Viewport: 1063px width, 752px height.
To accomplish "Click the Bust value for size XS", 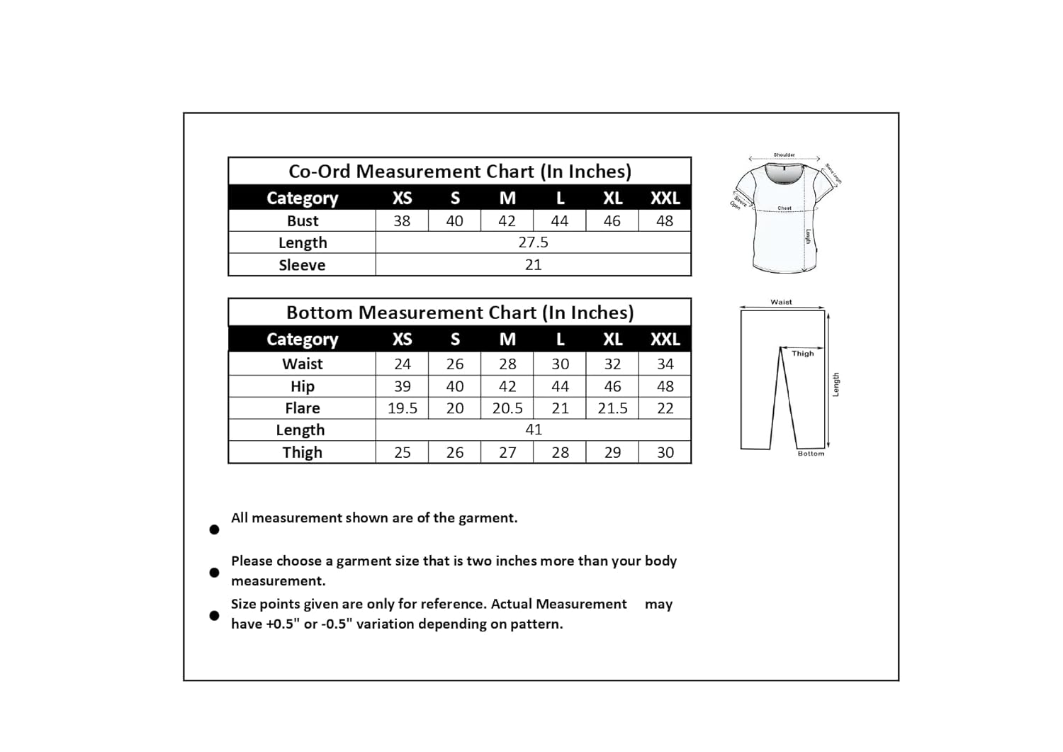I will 402,221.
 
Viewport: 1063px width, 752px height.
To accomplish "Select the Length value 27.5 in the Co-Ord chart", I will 533,242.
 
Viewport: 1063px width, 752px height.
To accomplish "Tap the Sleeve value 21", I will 533,265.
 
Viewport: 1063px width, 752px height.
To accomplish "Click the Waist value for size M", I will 507,364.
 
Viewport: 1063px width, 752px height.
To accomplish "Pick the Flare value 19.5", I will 402,408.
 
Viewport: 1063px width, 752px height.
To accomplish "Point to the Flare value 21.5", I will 612,408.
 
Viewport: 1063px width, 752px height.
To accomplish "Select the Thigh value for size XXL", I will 665,452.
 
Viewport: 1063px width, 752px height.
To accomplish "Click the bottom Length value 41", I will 533,430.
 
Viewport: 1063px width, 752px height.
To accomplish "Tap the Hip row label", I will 302,386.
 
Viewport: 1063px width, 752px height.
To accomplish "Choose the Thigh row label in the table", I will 302,452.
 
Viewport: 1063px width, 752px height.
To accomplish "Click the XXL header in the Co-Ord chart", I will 665,198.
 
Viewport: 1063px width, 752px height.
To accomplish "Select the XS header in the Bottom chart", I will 402,339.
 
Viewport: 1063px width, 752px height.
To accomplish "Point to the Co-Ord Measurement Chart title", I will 459,172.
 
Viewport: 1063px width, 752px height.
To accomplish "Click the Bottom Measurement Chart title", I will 459,313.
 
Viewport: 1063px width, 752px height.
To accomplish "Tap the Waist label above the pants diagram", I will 781,302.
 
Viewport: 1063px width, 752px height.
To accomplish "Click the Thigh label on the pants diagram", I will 802,354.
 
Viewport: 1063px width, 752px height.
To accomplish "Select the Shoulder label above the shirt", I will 784,155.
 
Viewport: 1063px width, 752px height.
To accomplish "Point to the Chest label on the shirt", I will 784,208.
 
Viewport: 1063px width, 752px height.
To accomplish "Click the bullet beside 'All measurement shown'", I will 214,529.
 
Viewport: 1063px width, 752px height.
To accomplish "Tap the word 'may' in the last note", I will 658,605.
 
